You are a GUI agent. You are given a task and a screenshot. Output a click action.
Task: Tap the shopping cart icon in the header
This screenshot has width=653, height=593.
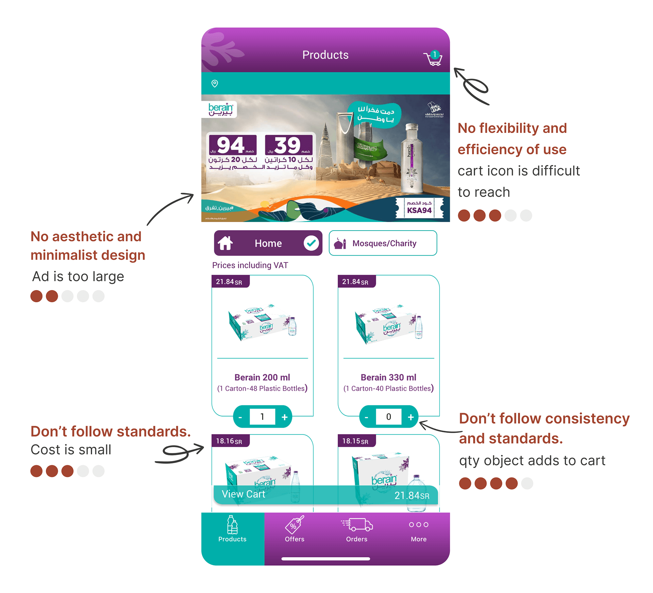[433, 58]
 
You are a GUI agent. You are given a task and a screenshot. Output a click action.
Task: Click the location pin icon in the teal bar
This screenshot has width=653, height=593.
[215, 84]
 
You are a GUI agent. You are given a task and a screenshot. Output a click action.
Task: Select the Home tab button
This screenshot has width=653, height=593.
[268, 243]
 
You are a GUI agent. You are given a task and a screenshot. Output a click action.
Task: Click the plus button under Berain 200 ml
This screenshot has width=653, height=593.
[285, 417]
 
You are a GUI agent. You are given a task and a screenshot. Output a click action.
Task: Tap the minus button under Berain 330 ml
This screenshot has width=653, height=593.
[366, 417]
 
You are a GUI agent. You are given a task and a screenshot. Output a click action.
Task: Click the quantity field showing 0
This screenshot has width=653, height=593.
[388, 417]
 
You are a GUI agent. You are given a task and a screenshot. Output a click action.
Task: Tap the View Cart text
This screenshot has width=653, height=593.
[243, 494]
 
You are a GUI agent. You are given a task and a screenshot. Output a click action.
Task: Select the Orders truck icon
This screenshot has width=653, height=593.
[357, 525]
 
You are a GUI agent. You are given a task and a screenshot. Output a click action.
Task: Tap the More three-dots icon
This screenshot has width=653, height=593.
[419, 525]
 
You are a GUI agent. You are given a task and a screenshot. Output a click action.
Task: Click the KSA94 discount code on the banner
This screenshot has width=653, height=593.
[419, 210]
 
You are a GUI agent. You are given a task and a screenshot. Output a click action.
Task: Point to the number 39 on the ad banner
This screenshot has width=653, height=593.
[288, 145]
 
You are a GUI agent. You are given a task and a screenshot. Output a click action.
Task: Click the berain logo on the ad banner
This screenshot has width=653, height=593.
[220, 109]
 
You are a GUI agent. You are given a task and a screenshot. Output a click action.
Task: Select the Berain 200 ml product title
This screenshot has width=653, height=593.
[262, 377]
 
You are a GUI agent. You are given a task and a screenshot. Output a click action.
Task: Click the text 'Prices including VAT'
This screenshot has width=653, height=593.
[250, 265]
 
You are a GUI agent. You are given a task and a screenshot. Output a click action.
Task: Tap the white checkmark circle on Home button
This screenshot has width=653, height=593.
[311, 243]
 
